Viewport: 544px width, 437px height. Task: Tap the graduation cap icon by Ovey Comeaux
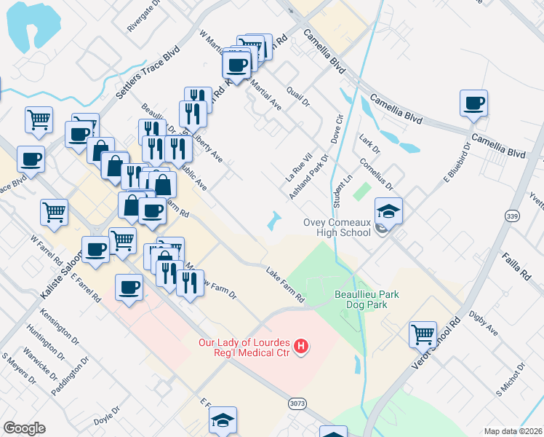(388, 211)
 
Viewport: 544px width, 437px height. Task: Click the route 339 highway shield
(512, 216)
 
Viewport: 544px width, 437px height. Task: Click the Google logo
(24, 428)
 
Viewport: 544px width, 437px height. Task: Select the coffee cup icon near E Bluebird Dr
(473, 103)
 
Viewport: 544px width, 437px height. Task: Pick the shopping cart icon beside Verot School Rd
(423, 335)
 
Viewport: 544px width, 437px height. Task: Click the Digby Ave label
(484, 325)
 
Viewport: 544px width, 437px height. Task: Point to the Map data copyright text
(513, 431)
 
